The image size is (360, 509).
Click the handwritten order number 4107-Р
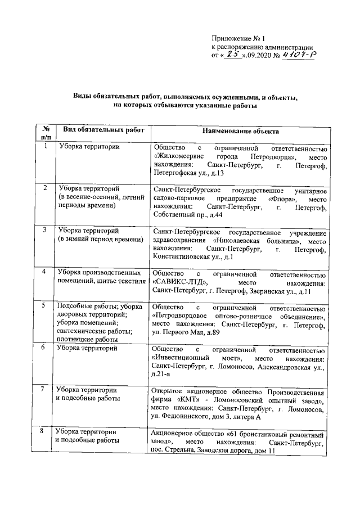point(299,55)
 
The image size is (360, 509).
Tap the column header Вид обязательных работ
point(103,130)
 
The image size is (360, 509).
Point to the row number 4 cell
point(46,272)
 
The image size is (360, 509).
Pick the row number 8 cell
point(46,432)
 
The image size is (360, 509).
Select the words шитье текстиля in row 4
point(119,281)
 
